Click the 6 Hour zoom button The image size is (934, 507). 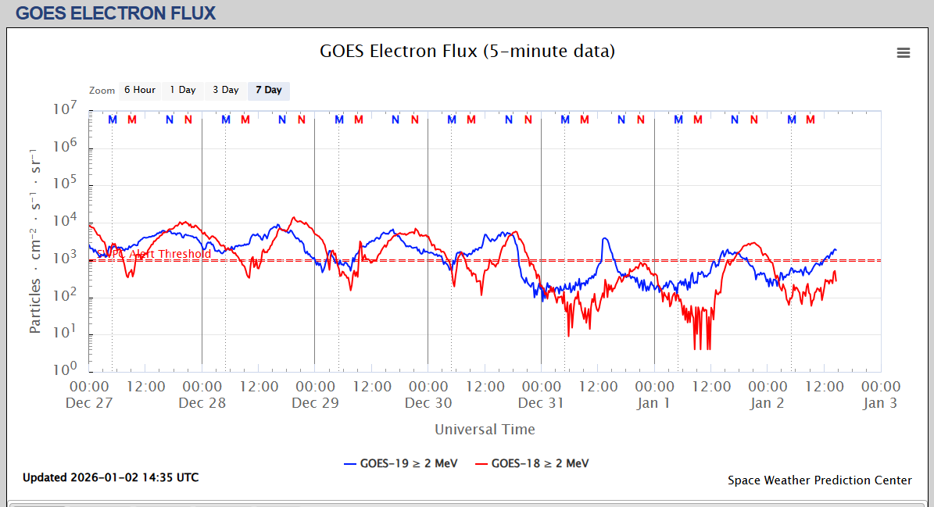click(140, 90)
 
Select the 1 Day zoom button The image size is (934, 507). click(183, 90)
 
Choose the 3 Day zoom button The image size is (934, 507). click(226, 90)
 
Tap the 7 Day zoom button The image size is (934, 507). click(269, 90)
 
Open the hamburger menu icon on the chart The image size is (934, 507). click(904, 52)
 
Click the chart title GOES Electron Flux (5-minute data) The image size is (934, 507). click(467, 52)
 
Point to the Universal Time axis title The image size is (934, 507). click(485, 429)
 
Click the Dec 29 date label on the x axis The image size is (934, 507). click(315, 403)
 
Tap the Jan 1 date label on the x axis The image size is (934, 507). click(654, 403)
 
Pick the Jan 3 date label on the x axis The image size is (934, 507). click(880, 403)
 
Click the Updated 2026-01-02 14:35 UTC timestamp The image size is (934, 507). click(110, 477)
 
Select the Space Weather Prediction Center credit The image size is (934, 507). click(819, 480)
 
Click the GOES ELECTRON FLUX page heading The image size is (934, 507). click(116, 13)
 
